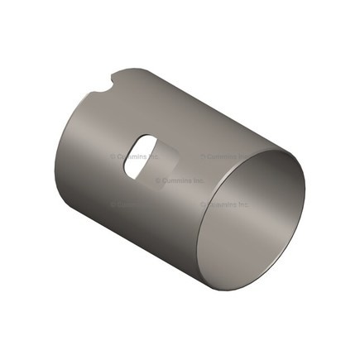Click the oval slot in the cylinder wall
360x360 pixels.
141,156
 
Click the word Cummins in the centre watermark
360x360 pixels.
176,180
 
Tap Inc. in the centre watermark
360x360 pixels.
198,180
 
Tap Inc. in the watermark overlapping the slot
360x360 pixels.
153,156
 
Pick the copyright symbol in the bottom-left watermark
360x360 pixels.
113,204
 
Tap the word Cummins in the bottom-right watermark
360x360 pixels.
221,204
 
